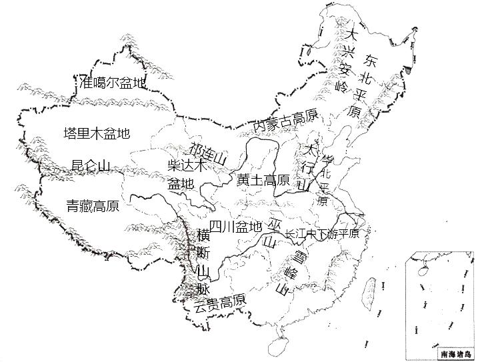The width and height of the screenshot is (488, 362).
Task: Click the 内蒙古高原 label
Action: (285, 121)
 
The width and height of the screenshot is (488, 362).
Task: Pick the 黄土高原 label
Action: (263, 180)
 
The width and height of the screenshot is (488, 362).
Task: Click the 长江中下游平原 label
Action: (322, 234)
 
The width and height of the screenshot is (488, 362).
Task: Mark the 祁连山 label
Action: (209, 155)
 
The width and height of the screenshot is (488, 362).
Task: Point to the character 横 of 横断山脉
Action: (203, 235)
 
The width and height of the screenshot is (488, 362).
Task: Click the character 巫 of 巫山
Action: (275, 225)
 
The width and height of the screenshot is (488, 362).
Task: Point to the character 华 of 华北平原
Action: (326, 160)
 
